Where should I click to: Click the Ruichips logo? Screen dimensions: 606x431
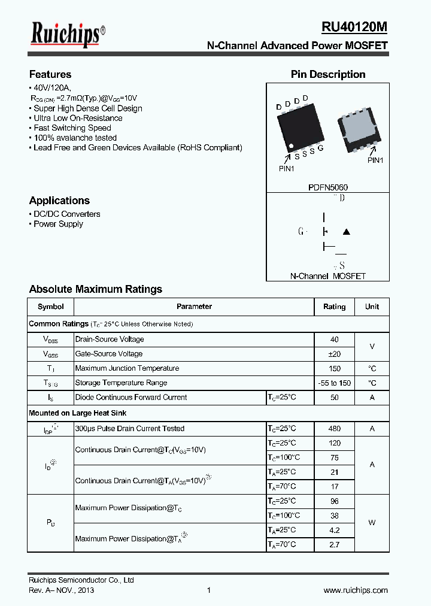(x=68, y=34)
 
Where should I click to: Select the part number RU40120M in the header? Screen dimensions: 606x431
(x=354, y=28)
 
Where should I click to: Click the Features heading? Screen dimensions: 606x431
(x=50, y=75)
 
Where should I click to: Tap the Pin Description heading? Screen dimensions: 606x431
(x=328, y=75)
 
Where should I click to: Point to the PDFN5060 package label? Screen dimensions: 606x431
(x=327, y=187)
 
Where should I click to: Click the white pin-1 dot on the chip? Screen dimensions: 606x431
(x=290, y=147)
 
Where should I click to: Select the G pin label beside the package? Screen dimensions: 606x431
(x=321, y=148)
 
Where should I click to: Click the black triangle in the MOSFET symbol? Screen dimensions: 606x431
(x=345, y=232)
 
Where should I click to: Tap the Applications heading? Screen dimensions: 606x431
(x=59, y=201)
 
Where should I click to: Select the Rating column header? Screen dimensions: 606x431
(x=334, y=307)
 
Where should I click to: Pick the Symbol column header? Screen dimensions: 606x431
(x=50, y=307)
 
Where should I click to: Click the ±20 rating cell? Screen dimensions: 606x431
(x=335, y=354)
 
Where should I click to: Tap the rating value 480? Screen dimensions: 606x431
(x=335, y=429)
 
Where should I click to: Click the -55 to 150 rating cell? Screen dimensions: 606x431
(x=335, y=383)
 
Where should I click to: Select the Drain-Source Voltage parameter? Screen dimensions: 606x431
(x=110, y=340)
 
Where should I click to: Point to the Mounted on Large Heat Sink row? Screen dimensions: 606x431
(x=78, y=413)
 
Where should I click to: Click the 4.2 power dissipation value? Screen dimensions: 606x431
(x=335, y=530)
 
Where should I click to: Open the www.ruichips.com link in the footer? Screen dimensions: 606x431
(x=356, y=590)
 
